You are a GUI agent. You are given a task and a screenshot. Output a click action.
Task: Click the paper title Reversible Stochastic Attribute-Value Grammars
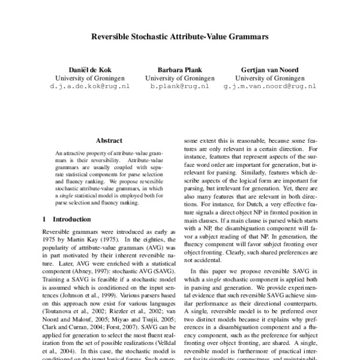pos(179,37)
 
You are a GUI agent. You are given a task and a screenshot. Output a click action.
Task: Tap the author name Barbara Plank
pos(180,70)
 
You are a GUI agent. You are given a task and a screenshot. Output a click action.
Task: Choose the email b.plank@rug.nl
pos(180,86)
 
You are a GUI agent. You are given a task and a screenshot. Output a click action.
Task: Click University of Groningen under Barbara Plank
pos(180,78)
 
